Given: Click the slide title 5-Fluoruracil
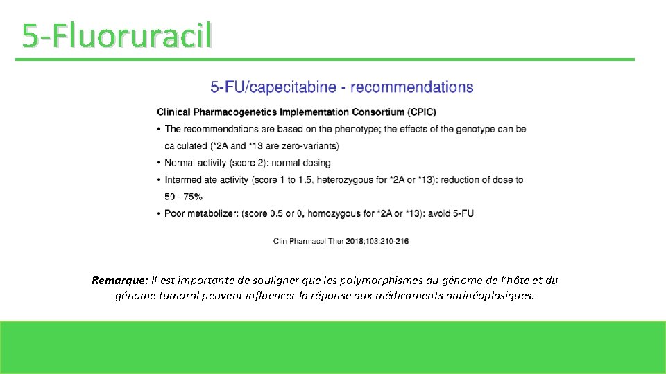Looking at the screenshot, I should pyautogui.click(x=116, y=35).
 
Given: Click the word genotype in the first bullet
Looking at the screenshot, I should pyautogui.click(x=473, y=129).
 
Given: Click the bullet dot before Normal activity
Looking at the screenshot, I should pyautogui.click(x=159, y=163).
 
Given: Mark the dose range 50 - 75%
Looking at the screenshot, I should pyautogui.click(x=183, y=197).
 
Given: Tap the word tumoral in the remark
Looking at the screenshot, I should pyautogui.click(x=178, y=296).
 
